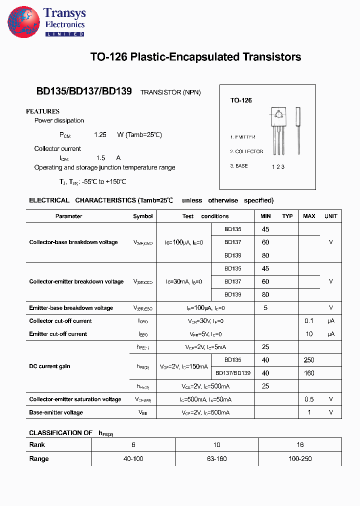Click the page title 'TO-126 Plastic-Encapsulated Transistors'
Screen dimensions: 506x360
pyautogui.click(x=195, y=57)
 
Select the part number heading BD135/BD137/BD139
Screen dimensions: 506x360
pyautogui.click(x=84, y=91)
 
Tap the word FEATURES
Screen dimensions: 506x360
pyautogui.click(x=42, y=111)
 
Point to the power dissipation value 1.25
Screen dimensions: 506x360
pyautogui.click(x=100, y=135)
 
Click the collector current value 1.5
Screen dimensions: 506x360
pyautogui.click(x=100, y=157)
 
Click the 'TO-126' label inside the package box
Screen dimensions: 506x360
pyautogui.click(x=241, y=100)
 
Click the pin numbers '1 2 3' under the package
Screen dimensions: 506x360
pyautogui.click(x=278, y=167)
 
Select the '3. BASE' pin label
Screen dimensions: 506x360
pyautogui.click(x=239, y=166)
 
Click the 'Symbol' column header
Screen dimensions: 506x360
pyautogui.click(x=143, y=216)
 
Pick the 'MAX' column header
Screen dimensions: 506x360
pyautogui.click(x=309, y=216)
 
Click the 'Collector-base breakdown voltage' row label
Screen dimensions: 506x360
pyautogui.click(x=73, y=242)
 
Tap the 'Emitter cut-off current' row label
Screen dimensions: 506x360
pyautogui.click(x=58, y=334)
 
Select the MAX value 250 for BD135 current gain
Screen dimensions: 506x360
pyautogui.click(x=309, y=360)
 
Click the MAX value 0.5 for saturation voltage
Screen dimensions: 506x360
pyautogui.click(x=309, y=399)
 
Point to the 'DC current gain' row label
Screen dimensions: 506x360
pyautogui.click(x=49, y=366)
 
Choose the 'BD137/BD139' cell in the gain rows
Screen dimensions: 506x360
pyautogui.click(x=233, y=373)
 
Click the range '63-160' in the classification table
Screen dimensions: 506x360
pyautogui.click(x=216, y=458)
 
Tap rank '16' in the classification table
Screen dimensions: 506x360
pyautogui.click(x=300, y=444)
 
